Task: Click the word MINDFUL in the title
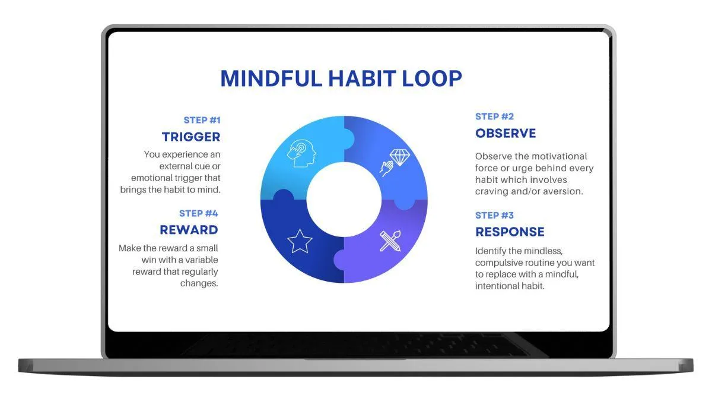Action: [x=271, y=78]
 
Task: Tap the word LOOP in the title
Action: [x=432, y=78]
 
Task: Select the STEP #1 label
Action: [x=202, y=120]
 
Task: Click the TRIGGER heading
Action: [x=191, y=137]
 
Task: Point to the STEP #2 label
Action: [x=494, y=116]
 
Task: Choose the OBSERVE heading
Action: [x=506, y=133]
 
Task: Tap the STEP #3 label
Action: [x=494, y=216]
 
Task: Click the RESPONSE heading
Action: [x=510, y=232]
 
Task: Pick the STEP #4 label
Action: [x=199, y=213]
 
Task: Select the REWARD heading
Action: [x=189, y=230]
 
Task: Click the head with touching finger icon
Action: [x=301, y=153]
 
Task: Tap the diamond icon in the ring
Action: [x=400, y=157]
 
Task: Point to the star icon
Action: [x=300, y=241]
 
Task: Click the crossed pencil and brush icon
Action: [x=390, y=241]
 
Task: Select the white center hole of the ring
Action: [x=344, y=200]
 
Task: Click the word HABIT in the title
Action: [x=362, y=78]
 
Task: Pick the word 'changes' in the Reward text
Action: [x=199, y=283]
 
